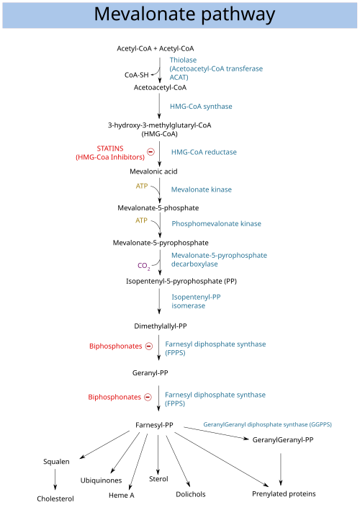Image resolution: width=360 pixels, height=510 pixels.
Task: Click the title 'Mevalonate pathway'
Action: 184,14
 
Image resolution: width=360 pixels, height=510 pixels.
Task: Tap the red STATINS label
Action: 110,148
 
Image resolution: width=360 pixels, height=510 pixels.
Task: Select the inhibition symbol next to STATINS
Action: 151,152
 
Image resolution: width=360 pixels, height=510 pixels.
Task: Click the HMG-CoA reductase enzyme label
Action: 204,152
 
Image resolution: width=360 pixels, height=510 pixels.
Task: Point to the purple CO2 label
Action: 144,266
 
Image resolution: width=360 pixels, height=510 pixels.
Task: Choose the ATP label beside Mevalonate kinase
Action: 142,186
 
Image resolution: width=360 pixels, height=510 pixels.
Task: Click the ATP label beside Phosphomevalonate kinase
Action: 141,220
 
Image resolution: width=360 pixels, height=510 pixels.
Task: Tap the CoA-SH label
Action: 137,75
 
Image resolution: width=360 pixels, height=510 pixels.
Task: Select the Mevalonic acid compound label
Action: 153,171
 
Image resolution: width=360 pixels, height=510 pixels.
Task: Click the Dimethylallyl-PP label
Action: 161,326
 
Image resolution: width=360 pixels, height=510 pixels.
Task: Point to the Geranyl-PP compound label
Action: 150,373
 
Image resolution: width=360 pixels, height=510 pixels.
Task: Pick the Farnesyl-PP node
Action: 154,425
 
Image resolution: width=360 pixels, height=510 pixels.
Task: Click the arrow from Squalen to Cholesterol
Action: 55,480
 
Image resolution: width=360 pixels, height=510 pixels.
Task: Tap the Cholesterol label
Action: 55,498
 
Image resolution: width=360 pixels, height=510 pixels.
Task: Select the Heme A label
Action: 121,496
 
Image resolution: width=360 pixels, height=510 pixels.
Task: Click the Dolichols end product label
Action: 191,494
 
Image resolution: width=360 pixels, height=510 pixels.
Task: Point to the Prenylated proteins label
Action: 284,493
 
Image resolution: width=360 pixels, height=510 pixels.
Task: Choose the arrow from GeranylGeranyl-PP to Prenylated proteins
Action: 281,469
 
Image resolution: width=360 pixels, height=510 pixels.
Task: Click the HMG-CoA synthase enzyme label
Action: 201,107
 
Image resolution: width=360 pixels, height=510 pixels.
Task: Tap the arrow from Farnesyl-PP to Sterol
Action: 158,455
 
